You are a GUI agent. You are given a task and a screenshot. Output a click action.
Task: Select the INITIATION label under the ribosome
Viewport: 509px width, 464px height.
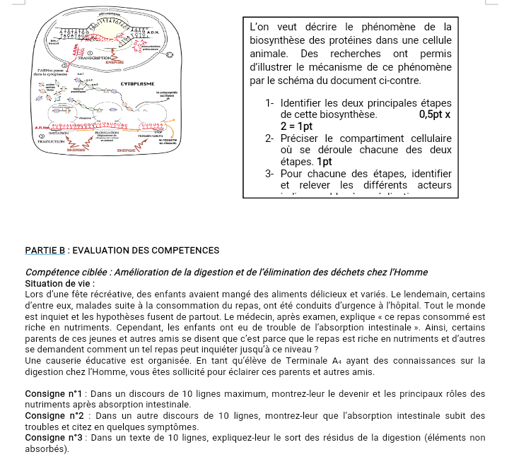[x=59, y=133]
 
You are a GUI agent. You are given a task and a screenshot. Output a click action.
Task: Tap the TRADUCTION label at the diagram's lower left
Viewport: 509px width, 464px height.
[x=49, y=142]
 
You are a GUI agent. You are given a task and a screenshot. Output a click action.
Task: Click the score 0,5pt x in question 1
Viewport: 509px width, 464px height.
[x=435, y=114]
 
